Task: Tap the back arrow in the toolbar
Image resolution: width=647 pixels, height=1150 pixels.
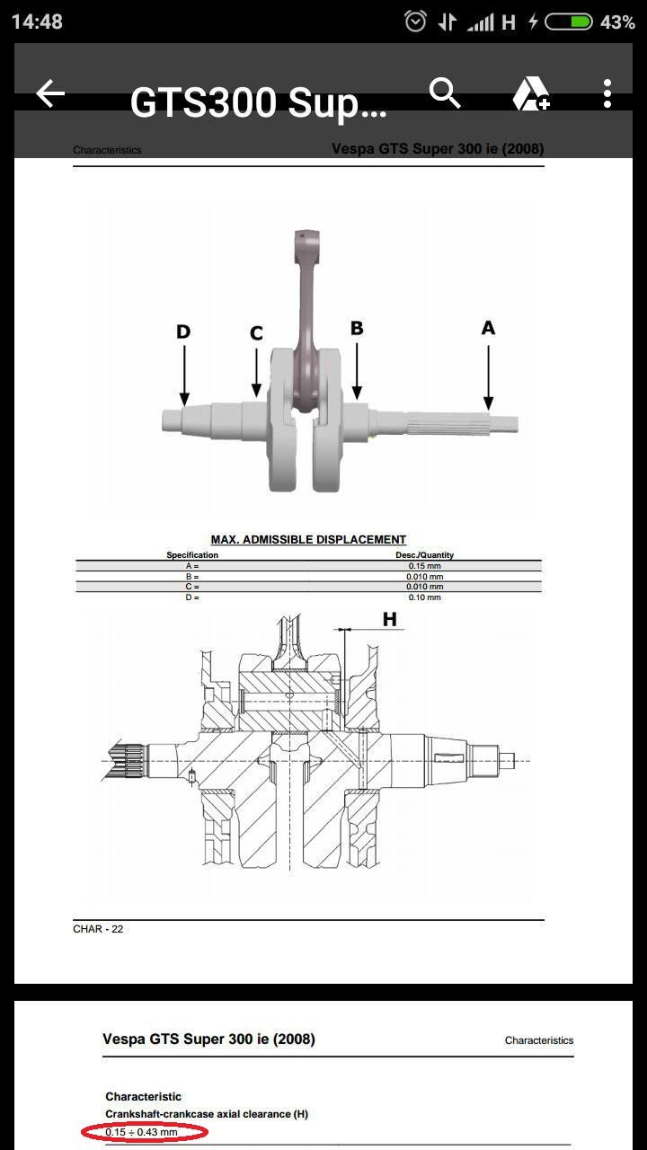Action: pos(50,93)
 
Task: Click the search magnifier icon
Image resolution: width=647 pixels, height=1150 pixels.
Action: pos(445,93)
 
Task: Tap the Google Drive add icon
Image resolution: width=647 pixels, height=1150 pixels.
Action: pos(530,94)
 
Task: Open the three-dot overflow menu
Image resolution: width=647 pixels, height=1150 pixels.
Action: pos(607,93)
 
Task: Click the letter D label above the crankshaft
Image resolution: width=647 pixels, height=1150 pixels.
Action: pos(183,332)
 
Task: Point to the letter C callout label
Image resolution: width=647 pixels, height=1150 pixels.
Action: pos(256,333)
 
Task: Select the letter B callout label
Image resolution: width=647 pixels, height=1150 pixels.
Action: pos(357,328)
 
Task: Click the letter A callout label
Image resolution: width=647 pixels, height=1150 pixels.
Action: pos(488,328)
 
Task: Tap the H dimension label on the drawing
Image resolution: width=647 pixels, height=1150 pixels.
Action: pos(390,619)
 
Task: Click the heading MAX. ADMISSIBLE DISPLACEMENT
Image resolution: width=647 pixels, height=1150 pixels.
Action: pos(308,540)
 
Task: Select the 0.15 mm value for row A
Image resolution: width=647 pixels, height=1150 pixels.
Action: pos(423,566)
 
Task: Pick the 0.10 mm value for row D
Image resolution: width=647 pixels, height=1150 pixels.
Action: pos(423,597)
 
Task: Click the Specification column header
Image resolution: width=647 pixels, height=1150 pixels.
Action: pos(192,555)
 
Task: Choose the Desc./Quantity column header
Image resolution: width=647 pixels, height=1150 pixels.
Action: pos(424,555)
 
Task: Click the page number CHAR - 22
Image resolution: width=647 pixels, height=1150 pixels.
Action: pos(98,929)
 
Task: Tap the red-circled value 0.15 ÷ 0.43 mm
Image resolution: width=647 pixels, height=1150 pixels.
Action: pos(142,1132)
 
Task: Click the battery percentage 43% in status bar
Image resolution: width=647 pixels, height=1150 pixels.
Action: pos(617,22)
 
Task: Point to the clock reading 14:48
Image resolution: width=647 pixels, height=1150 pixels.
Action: pos(37,22)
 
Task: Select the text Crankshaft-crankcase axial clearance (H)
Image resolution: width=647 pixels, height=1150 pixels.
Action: pos(207,1114)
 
